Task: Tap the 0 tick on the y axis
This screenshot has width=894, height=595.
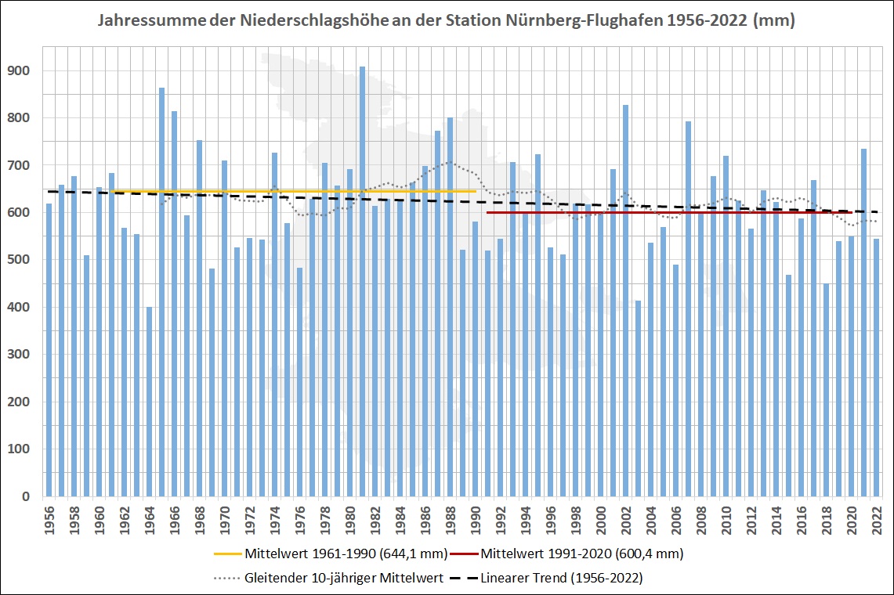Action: (26, 497)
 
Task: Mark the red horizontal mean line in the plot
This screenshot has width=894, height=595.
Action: (666, 212)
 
